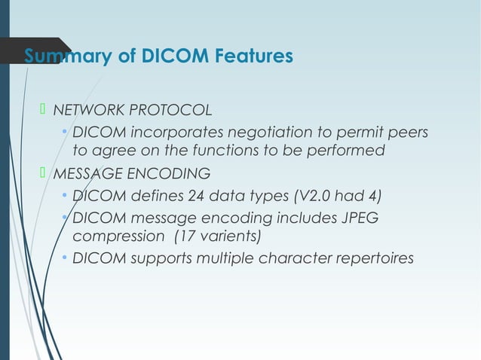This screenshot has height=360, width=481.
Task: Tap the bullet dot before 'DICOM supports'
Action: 65,259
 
